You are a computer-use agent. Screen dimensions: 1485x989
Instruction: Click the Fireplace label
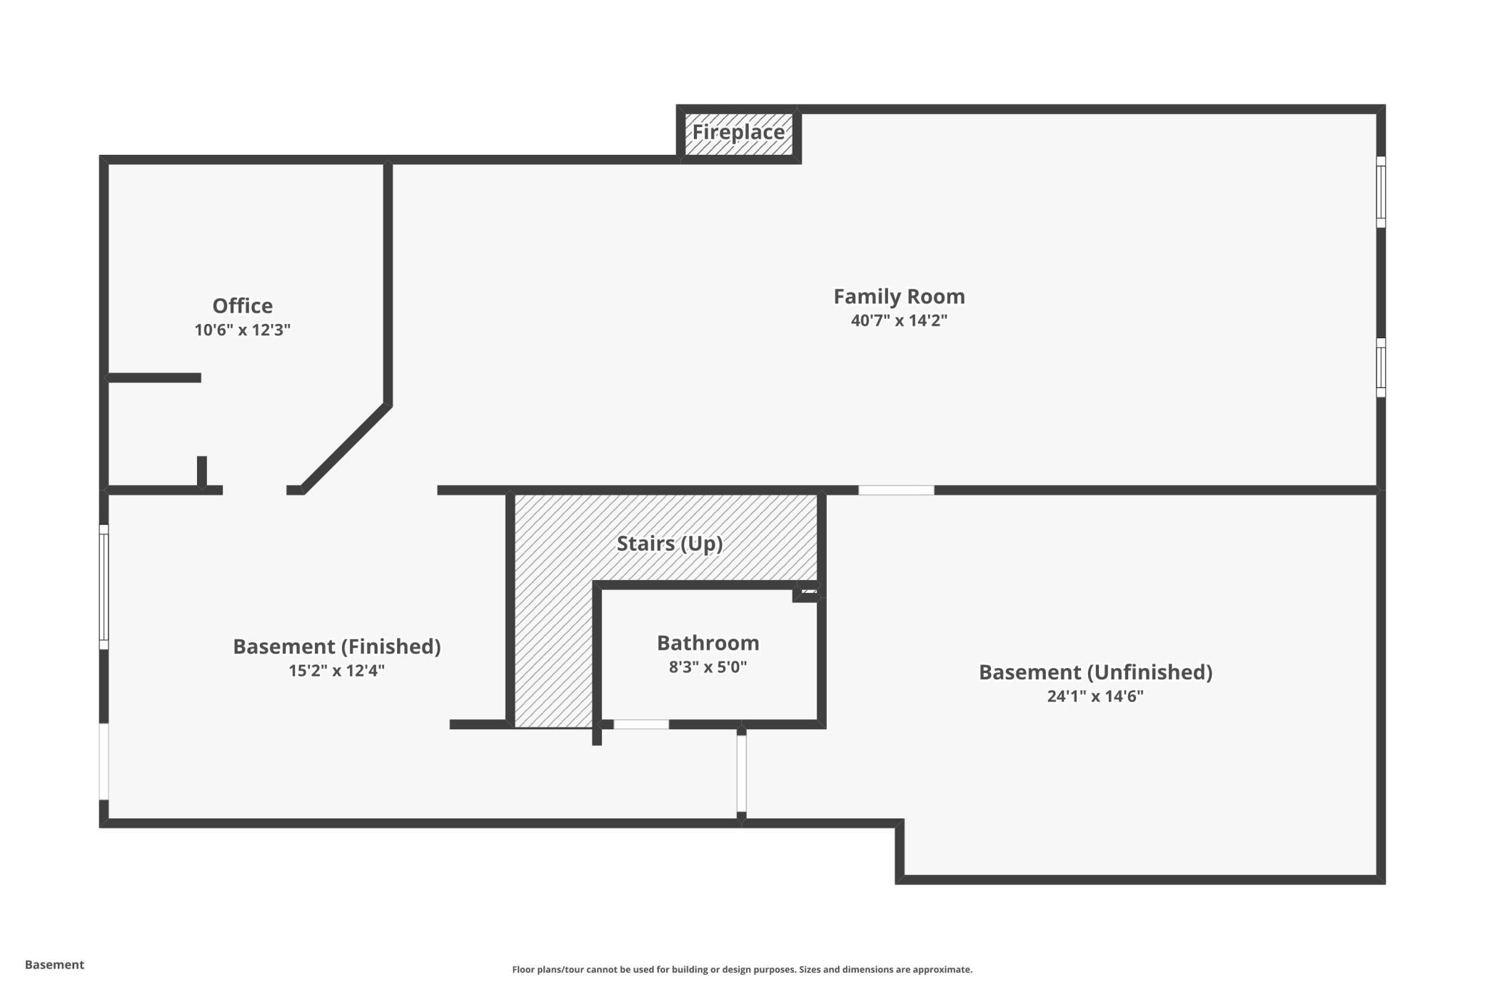(x=738, y=132)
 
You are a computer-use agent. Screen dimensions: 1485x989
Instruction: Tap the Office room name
(x=243, y=305)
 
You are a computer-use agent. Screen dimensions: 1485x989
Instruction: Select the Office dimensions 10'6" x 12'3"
(x=243, y=330)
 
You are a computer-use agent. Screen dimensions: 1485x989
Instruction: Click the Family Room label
(x=899, y=296)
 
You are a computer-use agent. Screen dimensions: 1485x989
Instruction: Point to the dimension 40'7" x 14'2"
(x=899, y=320)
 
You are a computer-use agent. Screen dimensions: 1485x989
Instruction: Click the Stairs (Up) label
(x=670, y=544)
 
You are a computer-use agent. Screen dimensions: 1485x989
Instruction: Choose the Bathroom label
(x=708, y=643)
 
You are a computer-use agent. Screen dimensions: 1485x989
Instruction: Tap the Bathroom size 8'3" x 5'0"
(x=708, y=667)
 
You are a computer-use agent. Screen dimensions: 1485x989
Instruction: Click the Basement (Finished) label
(x=337, y=646)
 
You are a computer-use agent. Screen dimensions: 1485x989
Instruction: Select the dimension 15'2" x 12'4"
(x=337, y=671)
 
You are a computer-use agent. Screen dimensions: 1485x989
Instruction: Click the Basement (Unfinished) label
(x=1095, y=672)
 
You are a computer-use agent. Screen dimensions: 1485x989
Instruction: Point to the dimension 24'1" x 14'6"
(x=1095, y=696)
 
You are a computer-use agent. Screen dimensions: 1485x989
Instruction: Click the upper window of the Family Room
(x=1381, y=192)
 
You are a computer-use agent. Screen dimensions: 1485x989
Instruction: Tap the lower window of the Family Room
(x=1381, y=367)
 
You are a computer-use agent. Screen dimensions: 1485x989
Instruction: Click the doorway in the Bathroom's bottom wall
(x=641, y=724)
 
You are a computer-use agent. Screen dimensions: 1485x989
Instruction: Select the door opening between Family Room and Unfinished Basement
(x=896, y=490)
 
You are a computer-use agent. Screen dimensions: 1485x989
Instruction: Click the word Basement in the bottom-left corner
(x=54, y=965)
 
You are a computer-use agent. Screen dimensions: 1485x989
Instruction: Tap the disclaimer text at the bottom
(x=742, y=969)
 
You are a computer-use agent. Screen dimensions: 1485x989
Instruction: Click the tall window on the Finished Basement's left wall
(x=104, y=587)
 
